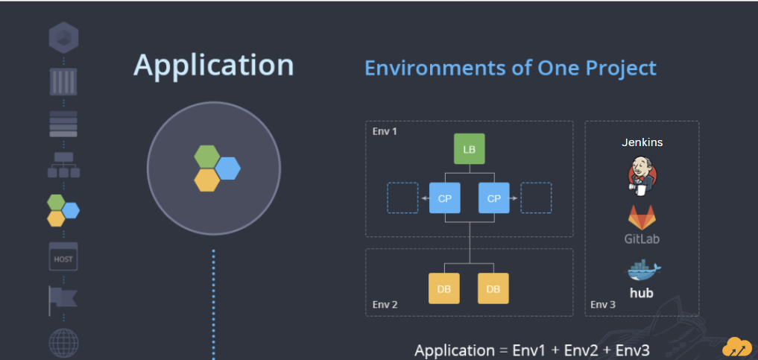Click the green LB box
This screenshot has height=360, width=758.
pyautogui.click(x=469, y=149)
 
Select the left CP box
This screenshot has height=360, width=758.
pyautogui.click(x=445, y=198)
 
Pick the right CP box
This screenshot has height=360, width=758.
pyautogui.click(x=494, y=198)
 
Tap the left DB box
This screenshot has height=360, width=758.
pyautogui.click(x=444, y=288)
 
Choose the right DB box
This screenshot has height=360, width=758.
pyautogui.click(x=493, y=288)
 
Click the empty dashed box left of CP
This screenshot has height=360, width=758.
pyautogui.click(x=402, y=198)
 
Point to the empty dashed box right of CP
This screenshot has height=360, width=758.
pyautogui.click(x=536, y=198)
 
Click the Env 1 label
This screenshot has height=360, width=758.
pyautogui.click(x=385, y=131)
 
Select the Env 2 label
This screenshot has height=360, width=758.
pyautogui.click(x=385, y=304)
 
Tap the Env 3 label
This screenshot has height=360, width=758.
pyautogui.click(x=603, y=304)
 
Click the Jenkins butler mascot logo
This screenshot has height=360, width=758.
pyautogui.click(x=642, y=176)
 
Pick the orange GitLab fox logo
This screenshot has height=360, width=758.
pyautogui.click(x=642, y=218)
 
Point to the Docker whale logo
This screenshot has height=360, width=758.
pyautogui.click(x=644, y=271)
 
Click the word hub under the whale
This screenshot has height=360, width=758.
pyautogui.click(x=642, y=293)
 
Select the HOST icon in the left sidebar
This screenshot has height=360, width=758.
pyautogui.click(x=63, y=256)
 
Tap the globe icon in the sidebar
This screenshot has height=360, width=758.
pyautogui.click(x=63, y=343)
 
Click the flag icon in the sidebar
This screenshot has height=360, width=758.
pyautogui.click(x=63, y=300)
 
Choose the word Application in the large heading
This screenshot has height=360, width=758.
pyautogui.click(x=214, y=66)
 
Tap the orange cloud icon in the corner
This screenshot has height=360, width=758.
pyautogui.click(x=736, y=347)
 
